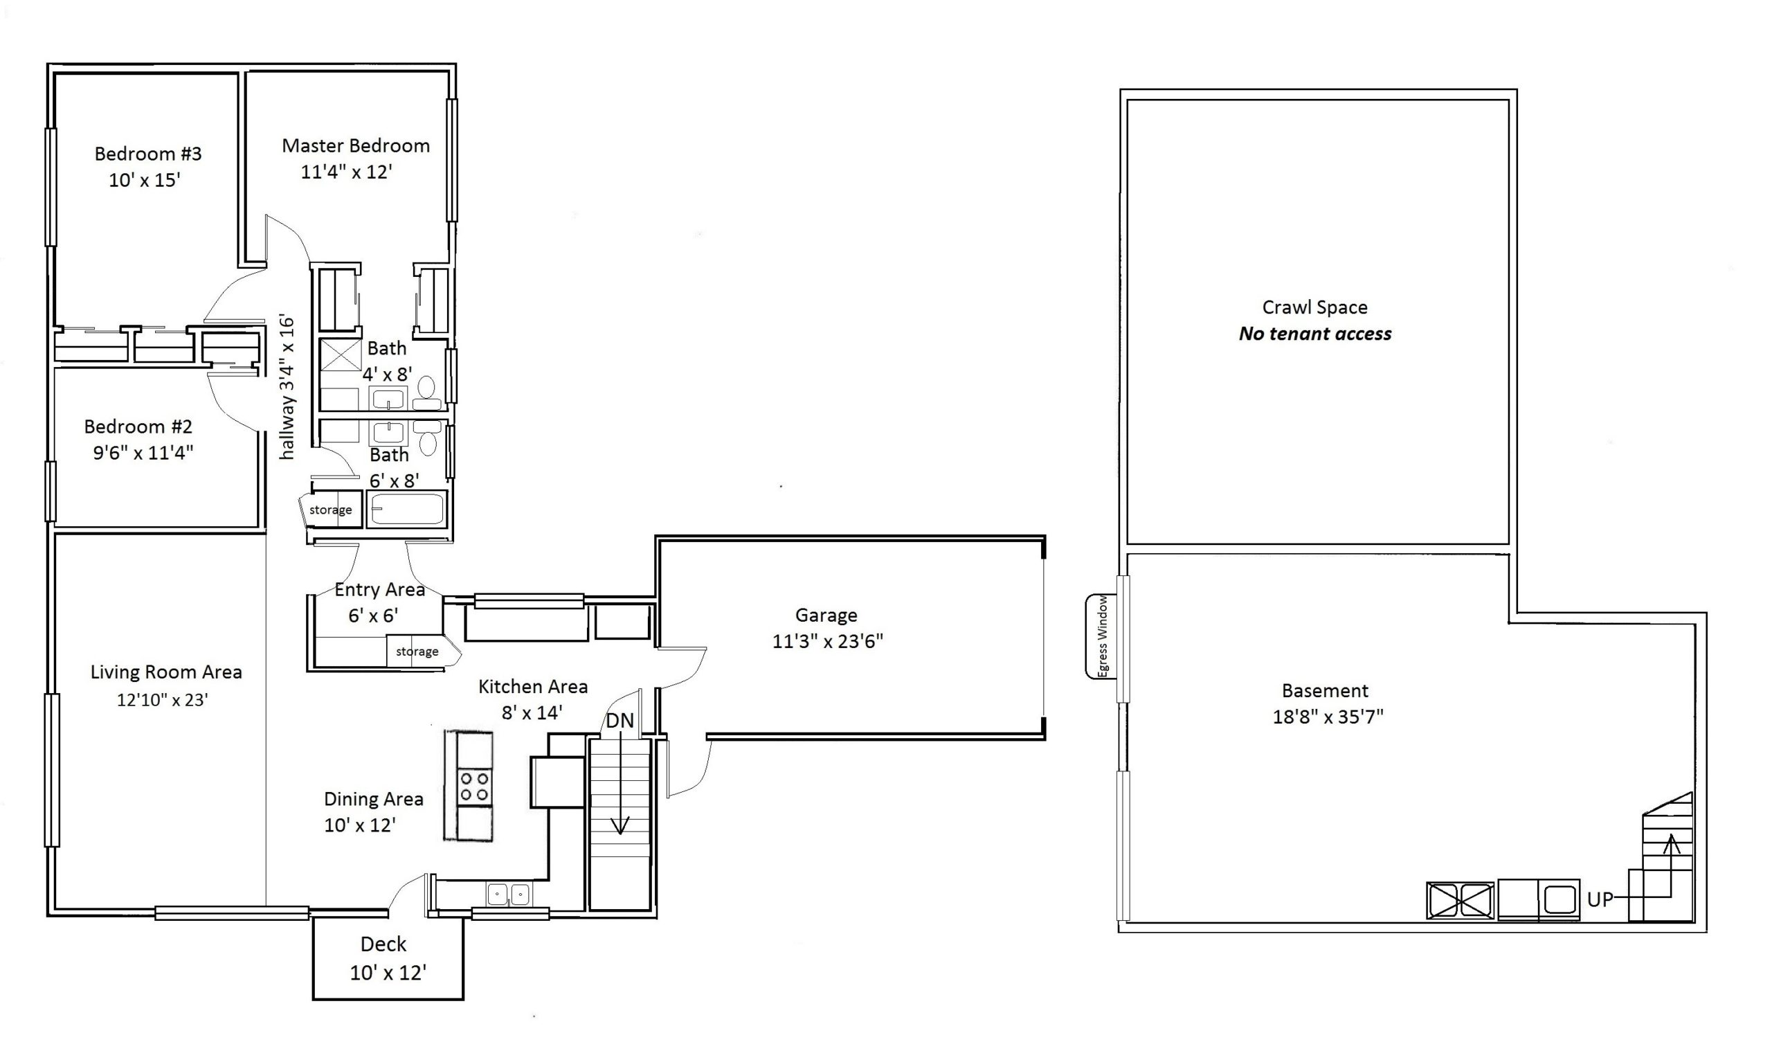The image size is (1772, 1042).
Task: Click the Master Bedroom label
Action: click(356, 145)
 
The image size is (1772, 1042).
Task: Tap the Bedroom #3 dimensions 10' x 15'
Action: click(145, 180)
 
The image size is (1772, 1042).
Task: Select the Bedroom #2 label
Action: click(138, 426)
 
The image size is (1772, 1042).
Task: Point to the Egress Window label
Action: click(1103, 637)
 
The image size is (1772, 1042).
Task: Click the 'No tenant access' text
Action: click(1315, 334)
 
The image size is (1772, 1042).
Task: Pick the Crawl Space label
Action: click(1315, 307)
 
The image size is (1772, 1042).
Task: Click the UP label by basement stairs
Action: click(1600, 900)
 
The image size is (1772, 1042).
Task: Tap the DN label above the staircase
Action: click(620, 721)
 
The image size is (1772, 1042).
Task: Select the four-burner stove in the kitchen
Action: click(474, 787)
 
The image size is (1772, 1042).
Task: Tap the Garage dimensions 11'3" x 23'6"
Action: click(828, 642)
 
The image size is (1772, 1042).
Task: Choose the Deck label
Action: click(384, 944)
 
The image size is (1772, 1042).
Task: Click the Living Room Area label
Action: click(166, 672)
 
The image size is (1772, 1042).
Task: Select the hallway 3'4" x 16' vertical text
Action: click(287, 388)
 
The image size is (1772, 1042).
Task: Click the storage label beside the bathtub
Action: click(330, 510)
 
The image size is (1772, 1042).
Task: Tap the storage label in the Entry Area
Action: click(417, 652)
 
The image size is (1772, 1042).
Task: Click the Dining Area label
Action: click(373, 799)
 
